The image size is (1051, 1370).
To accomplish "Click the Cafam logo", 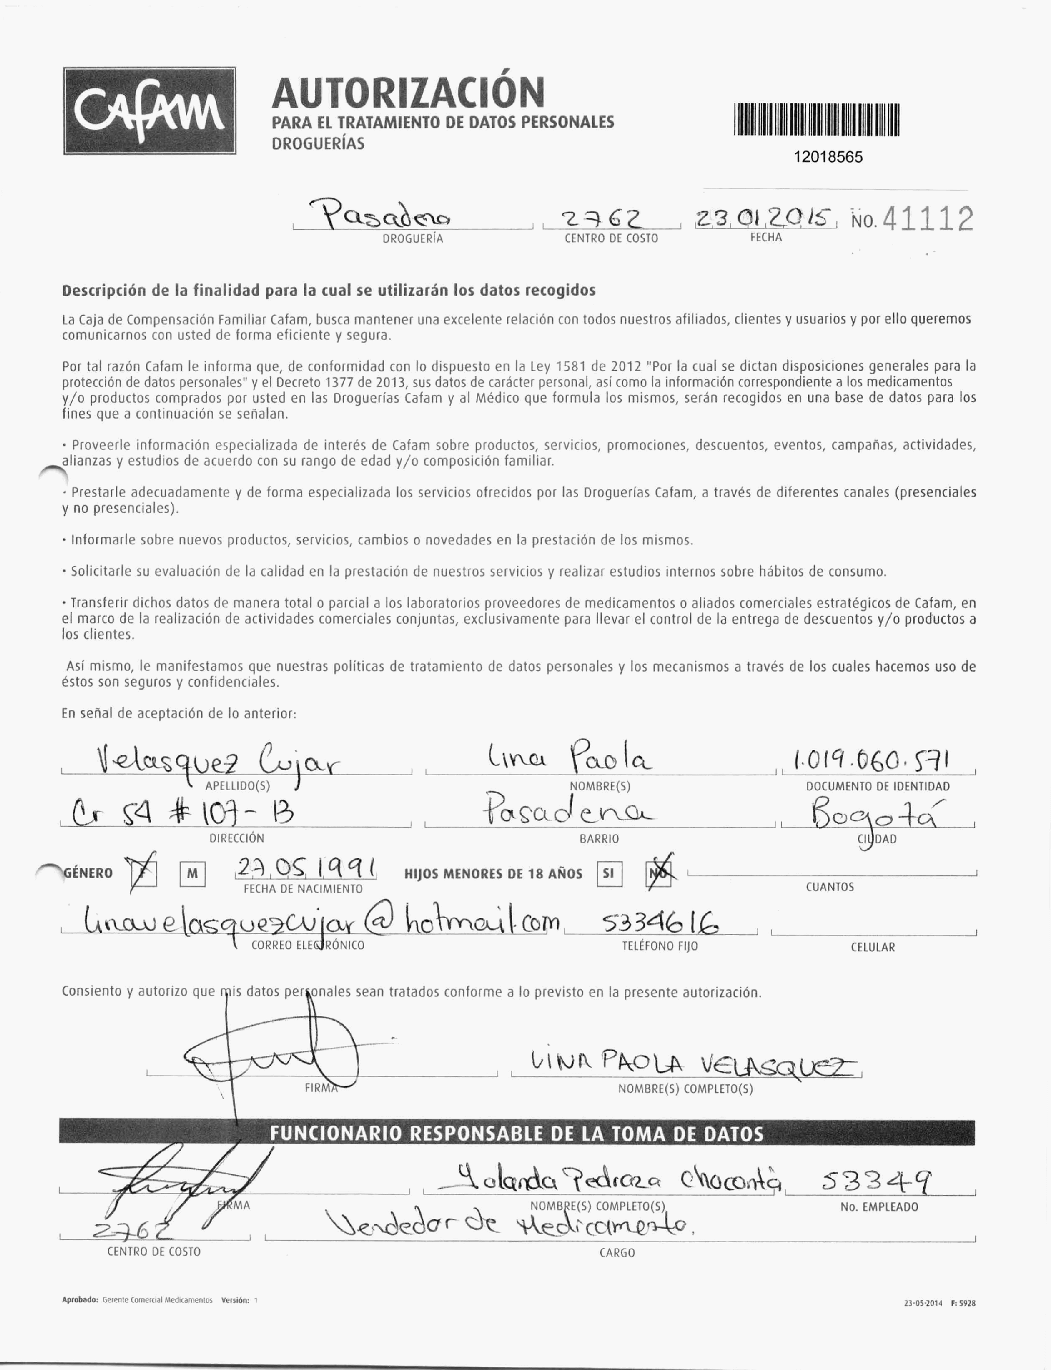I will point(149,111).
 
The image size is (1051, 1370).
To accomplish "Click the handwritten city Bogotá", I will point(876,815).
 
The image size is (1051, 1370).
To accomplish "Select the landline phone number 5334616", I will point(659,922).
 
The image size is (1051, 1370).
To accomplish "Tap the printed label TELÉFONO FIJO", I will point(659,946).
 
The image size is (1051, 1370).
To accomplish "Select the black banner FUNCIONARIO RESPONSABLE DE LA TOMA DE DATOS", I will point(517,1133).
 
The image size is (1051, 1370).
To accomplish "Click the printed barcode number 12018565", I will point(828,157).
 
